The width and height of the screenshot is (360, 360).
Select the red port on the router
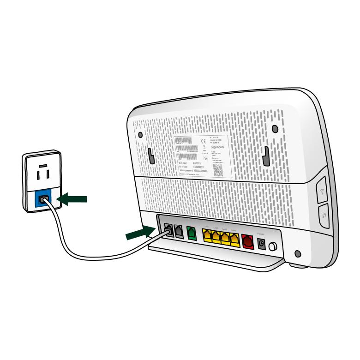pos(248,241)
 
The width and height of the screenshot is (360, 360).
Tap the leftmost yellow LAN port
pos(208,236)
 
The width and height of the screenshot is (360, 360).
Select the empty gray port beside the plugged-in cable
pos(179,231)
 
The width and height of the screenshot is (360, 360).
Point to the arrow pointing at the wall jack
pos(73,199)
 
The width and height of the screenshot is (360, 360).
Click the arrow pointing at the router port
pos(140,233)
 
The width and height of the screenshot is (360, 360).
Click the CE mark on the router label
pos(205,141)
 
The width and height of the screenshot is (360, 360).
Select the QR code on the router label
pos(218,170)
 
